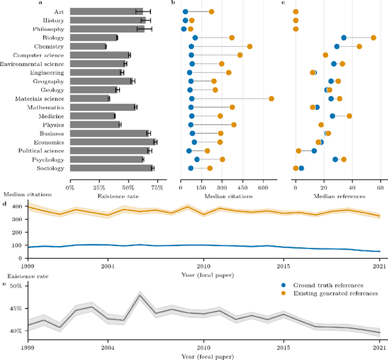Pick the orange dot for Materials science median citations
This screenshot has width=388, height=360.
(271, 98)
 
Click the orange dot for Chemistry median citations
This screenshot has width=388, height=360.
(249, 46)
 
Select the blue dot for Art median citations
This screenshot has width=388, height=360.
(186, 12)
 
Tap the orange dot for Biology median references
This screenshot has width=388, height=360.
(373, 38)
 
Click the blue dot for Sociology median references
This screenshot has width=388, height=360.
(301, 168)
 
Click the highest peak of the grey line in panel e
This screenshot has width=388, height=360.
(140, 295)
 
